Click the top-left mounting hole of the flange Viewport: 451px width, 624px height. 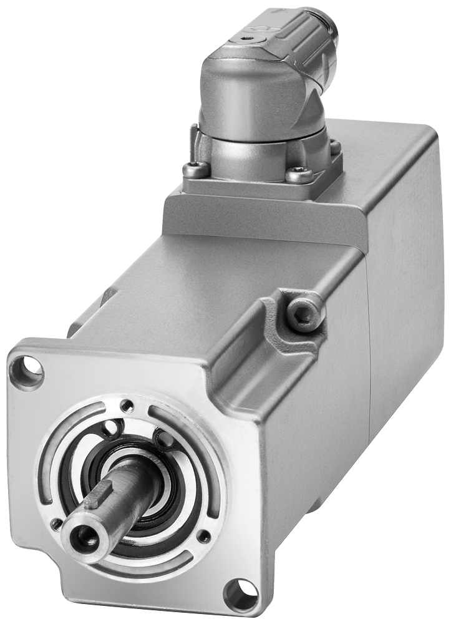click(x=27, y=365)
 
